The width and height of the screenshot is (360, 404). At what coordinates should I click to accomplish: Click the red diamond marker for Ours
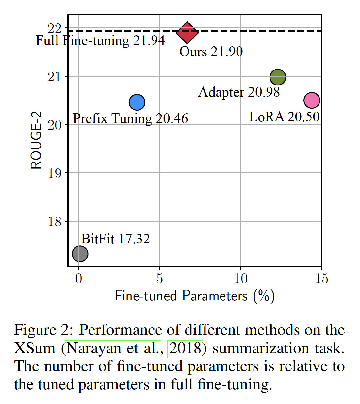click(x=187, y=33)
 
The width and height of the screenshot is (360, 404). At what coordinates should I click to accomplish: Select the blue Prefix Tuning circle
click(x=137, y=102)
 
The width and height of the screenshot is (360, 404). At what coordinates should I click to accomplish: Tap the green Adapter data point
click(x=278, y=77)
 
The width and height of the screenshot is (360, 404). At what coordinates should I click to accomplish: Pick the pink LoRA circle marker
click(x=312, y=100)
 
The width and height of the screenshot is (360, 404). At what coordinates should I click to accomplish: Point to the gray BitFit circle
click(x=80, y=254)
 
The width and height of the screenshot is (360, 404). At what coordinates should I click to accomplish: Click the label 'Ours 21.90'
click(x=211, y=52)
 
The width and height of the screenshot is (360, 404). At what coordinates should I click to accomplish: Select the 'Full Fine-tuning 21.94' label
click(x=100, y=40)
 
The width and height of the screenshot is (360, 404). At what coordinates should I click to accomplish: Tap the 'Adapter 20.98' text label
click(x=239, y=92)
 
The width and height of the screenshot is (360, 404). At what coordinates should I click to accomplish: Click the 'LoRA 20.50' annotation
click(x=284, y=117)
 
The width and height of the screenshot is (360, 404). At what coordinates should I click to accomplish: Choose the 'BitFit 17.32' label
click(x=115, y=239)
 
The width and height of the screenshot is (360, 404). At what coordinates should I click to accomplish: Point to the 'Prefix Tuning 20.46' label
click(x=130, y=118)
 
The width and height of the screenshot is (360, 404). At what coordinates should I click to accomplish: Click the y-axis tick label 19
click(x=55, y=173)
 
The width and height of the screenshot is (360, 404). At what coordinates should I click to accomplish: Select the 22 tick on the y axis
click(x=55, y=29)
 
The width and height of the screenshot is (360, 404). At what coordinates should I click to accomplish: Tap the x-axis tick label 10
click(x=240, y=278)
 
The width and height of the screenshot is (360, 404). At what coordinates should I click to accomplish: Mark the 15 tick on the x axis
click(x=321, y=278)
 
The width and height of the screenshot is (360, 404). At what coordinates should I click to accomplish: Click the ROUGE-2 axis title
click(x=36, y=140)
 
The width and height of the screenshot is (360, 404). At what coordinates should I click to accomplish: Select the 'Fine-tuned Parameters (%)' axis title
click(x=195, y=296)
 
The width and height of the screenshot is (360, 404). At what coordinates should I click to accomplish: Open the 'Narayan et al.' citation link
click(x=113, y=349)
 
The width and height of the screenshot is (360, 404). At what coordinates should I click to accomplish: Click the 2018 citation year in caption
click(x=185, y=349)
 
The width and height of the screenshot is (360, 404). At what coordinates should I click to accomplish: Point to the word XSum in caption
click(x=35, y=349)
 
